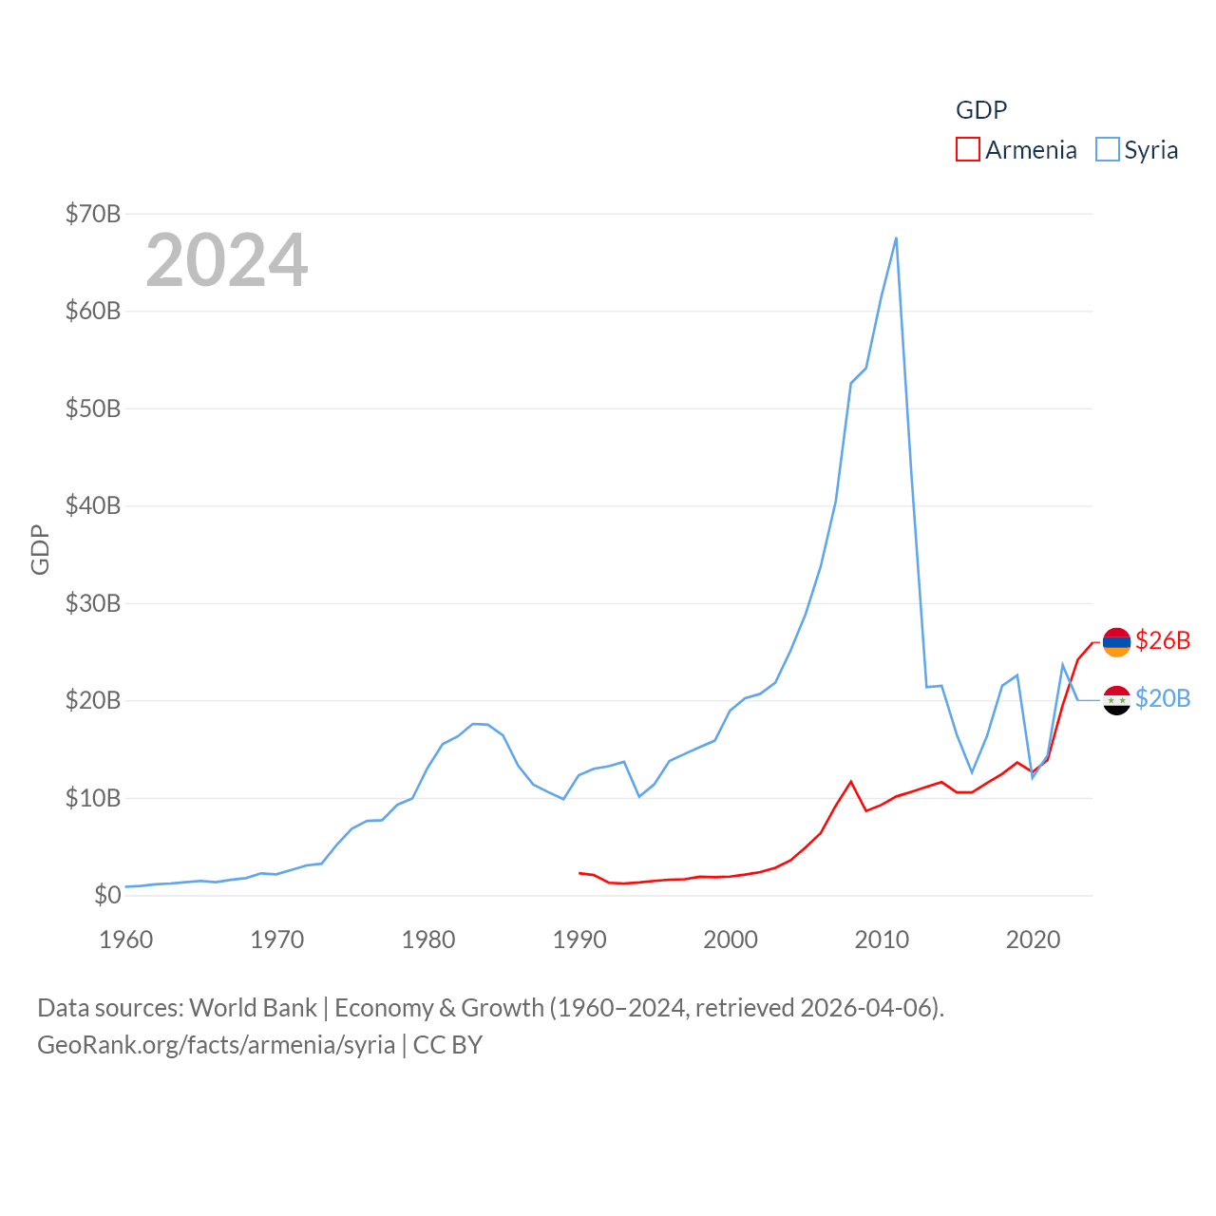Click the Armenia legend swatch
[x=967, y=150]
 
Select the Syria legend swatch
[x=1107, y=150]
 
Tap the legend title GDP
[x=980, y=110]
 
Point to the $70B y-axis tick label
[x=93, y=214]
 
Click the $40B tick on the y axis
[x=93, y=505]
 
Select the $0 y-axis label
[x=107, y=895]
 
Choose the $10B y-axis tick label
[x=93, y=798]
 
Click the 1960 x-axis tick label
[x=125, y=940]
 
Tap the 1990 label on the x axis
[x=579, y=940]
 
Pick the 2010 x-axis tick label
[x=882, y=940]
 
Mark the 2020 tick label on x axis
[x=1033, y=940]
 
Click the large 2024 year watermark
[x=226, y=260]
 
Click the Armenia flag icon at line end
[x=1116, y=642]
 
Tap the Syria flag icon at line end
[x=1116, y=700]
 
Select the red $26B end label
[x=1163, y=641]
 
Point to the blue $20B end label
[x=1163, y=699]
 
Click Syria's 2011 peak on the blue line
[x=896, y=238]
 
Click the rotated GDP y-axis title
[x=40, y=549]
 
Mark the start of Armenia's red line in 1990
[x=579, y=873]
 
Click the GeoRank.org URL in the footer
[x=217, y=1045]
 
